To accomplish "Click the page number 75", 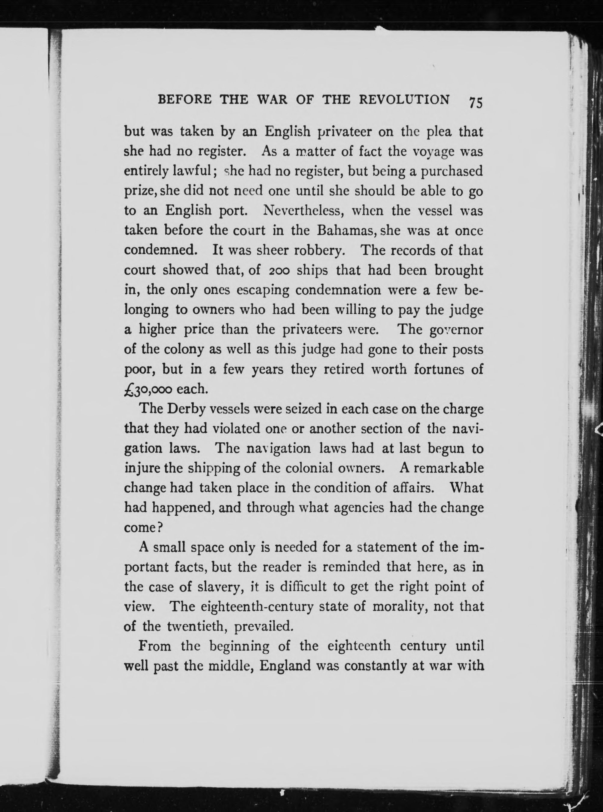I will (x=476, y=102).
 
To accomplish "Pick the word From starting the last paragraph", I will (x=155, y=646).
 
